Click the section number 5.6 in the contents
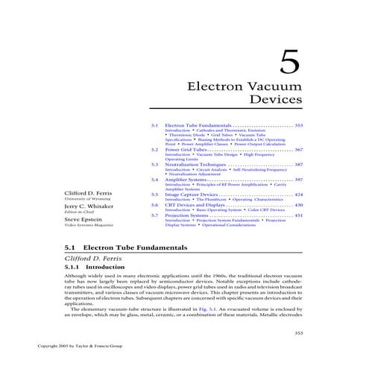pyautogui.click(x=154, y=205)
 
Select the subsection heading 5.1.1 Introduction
pyautogui.click(x=90, y=266)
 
